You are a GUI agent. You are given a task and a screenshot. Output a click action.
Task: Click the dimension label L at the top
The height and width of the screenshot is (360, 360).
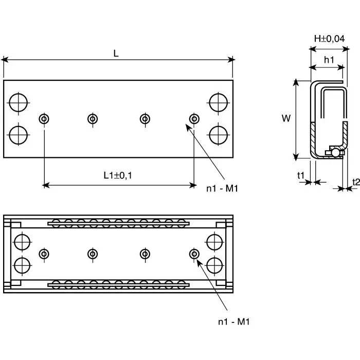click(x=116, y=52)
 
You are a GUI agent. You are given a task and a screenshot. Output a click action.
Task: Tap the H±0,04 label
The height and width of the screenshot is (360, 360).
click(x=329, y=39)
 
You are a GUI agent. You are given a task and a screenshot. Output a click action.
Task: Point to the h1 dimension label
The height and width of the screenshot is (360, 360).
click(x=329, y=60)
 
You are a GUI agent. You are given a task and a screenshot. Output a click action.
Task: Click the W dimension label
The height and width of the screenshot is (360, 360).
click(x=286, y=118)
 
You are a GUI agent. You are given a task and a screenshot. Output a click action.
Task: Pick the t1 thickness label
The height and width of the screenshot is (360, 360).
click(x=301, y=176)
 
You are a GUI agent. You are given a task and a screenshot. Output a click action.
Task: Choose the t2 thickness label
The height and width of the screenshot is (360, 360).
click(x=355, y=182)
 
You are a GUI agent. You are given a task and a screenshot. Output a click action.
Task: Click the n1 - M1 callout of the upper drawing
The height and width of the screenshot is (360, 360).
click(x=222, y=189)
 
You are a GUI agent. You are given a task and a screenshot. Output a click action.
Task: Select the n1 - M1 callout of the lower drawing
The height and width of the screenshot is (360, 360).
click(x=233, y=322)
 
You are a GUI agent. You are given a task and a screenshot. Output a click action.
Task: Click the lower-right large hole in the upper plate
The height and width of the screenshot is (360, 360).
click(x=219, y=135)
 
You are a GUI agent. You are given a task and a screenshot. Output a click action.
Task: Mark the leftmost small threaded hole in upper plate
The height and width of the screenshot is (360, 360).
click(x=44, y=119)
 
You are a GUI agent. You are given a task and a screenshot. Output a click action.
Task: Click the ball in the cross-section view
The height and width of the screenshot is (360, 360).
click(x=335, y=152)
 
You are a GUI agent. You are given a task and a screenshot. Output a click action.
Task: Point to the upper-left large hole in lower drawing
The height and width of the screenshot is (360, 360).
click(x=22, y=241)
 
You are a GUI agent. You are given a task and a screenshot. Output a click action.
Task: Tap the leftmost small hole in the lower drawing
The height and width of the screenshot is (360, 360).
click(x=44, y=254)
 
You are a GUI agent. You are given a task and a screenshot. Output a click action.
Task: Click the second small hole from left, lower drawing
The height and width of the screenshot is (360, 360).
click(x=93, y=254)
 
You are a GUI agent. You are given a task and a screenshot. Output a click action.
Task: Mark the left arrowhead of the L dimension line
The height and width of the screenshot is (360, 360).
click(x=6, y=60)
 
